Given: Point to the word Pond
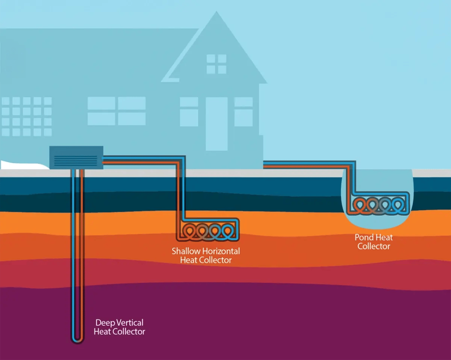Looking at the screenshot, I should (x=363, y=237).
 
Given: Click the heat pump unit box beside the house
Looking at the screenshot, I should (x=76, y=157).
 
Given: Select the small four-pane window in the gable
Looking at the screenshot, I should (x=216, y=64).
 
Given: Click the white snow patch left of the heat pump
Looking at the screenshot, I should (x=19, y=164).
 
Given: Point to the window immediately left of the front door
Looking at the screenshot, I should (x=189, y=112).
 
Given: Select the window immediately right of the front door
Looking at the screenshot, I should (x=244, y=112).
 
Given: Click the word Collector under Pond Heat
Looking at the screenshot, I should (x=374, y=246).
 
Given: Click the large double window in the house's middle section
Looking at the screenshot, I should (x=117, y=111).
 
